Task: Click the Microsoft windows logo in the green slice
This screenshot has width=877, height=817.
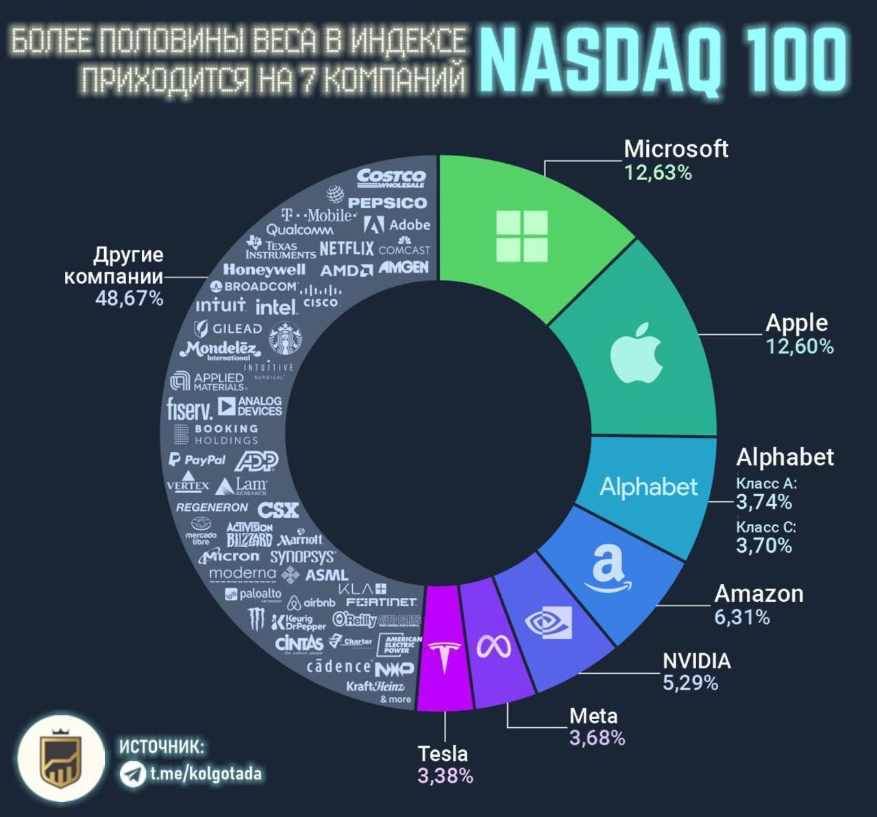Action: tap(521, 236)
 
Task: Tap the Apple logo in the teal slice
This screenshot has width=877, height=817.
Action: tap(637, 353)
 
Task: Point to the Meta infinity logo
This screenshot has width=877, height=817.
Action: tap(494, 646)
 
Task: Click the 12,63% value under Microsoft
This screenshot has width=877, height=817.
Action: tap(658, 173)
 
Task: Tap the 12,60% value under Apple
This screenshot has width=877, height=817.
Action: tap(800, 347)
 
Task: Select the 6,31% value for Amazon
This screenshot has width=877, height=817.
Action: tap(742, 617)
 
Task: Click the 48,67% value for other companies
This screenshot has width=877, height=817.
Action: tap(129, 299)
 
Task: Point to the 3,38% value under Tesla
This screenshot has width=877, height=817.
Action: tap(445, 776)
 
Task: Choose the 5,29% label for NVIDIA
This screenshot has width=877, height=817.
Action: tap(690, 683)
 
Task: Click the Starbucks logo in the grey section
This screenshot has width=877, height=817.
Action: tap(284, 338)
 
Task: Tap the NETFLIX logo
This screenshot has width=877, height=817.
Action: tap(347, 248)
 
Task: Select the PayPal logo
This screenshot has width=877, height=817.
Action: tap(197, 460)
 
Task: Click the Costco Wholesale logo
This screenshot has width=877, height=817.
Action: tap(391, 178)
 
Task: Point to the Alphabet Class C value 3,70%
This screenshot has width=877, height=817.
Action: tap(764, 546)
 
